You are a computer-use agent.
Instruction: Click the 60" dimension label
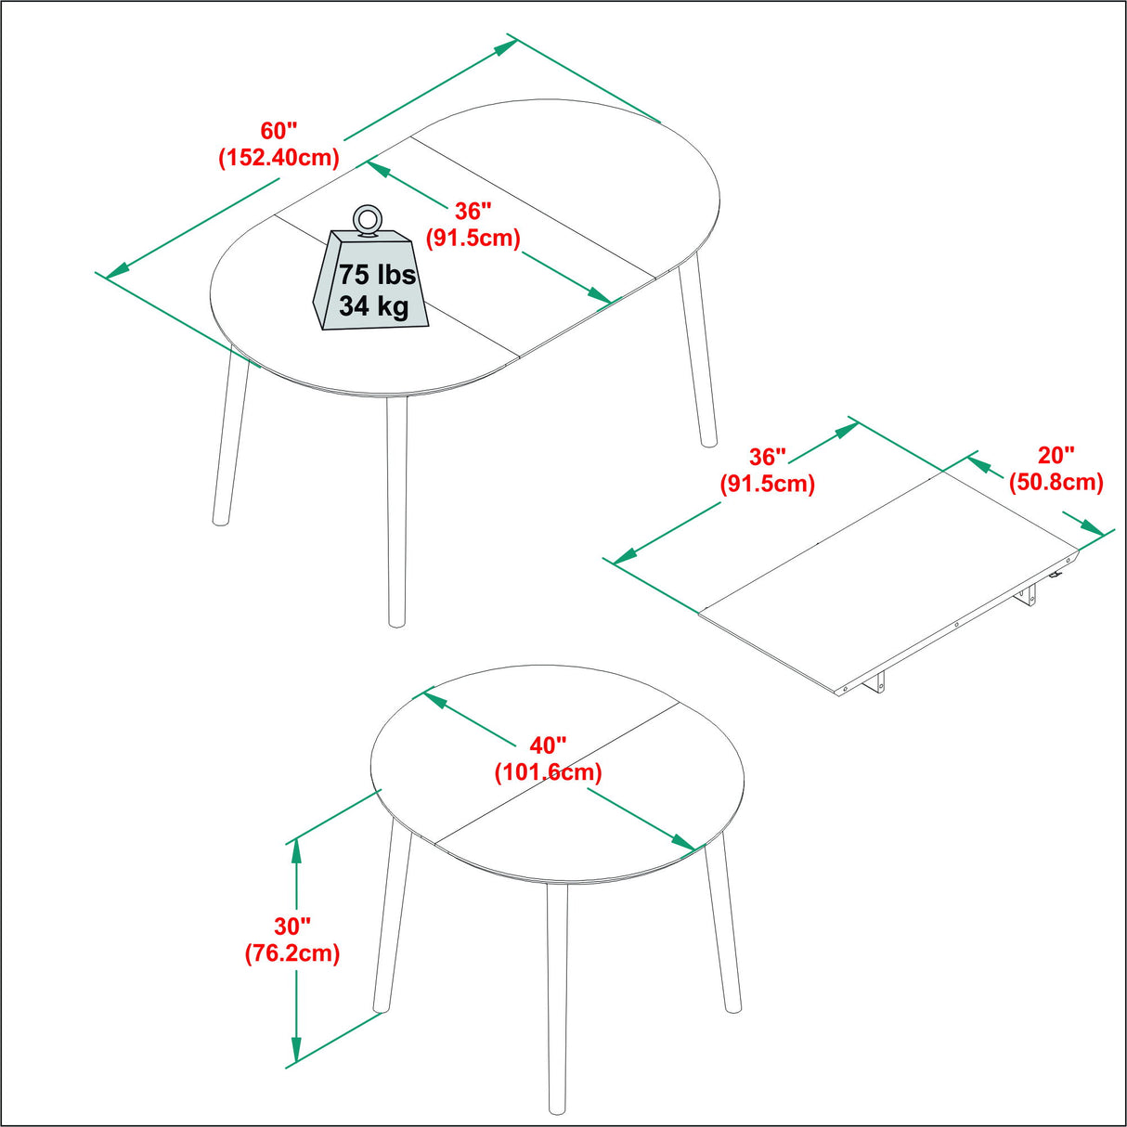click(x=279, y=131)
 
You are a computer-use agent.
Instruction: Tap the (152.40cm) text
click(x=279, y=158)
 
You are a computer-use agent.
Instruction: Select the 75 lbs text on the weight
click(x=377, y=275)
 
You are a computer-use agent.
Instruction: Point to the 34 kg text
click(x=373, y=305)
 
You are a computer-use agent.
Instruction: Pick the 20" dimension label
click(x=1056, y=455)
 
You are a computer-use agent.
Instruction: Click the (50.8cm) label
click(x=1056, y=483)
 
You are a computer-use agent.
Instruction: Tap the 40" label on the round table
click(x=548, y=745)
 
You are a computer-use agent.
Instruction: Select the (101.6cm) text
click(x=548, y=772)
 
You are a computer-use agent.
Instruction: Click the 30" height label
click(x=291, y=926)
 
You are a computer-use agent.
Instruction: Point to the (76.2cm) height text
click(x=291, y=953)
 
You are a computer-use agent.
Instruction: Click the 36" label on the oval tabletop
click(x=473, y=212)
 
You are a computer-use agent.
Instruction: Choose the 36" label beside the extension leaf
click(x=767, y=457)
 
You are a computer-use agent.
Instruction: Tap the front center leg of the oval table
click(x=396, y=511)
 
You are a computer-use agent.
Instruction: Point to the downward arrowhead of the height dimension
click(x=296, y=1052)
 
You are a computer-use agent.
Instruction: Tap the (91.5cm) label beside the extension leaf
click(x=767, y=484)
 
